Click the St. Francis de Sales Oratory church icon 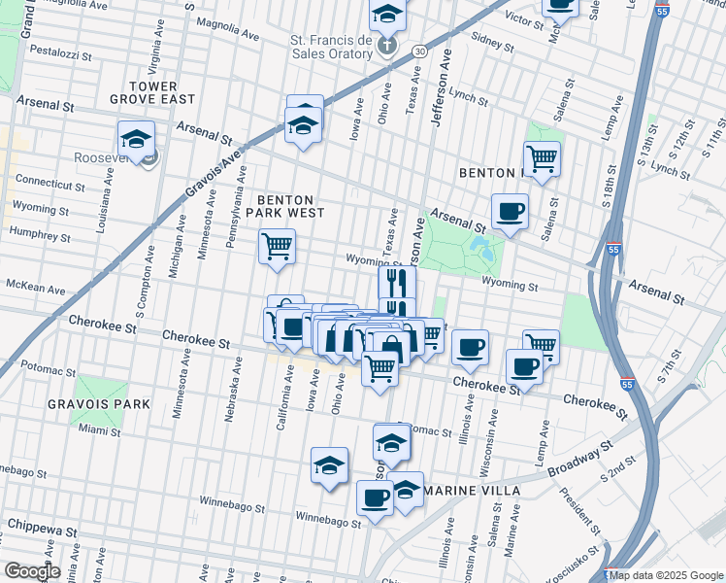387,45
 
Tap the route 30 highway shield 418,50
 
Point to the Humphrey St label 41,231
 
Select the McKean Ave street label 35,290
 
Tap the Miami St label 99,429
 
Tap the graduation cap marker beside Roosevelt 137,138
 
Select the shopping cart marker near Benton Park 542,156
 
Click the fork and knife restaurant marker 397,282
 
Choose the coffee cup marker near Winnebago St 375,498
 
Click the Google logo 31,571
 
